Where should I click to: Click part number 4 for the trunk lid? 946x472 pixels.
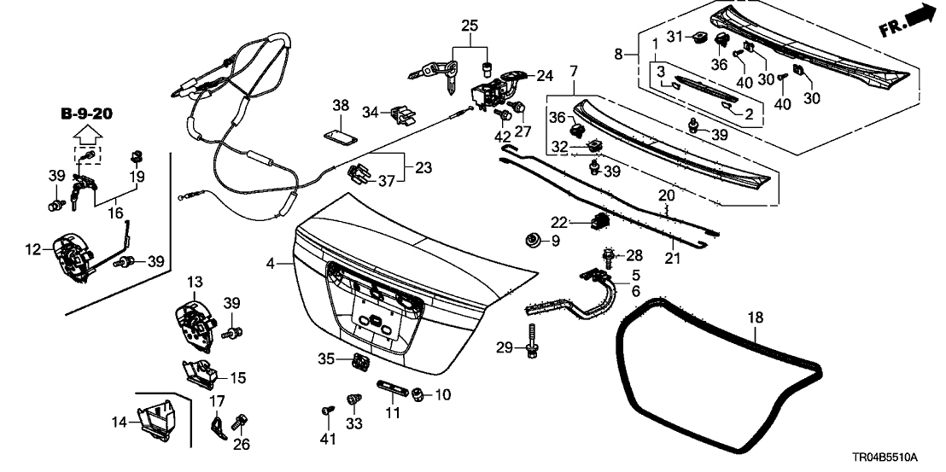[x=271, y=265]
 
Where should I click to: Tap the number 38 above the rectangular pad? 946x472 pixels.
[x=341, y=106]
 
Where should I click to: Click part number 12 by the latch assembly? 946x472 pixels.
[x=32, y=249]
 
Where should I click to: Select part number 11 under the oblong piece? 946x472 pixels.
[x=393, y=414]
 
